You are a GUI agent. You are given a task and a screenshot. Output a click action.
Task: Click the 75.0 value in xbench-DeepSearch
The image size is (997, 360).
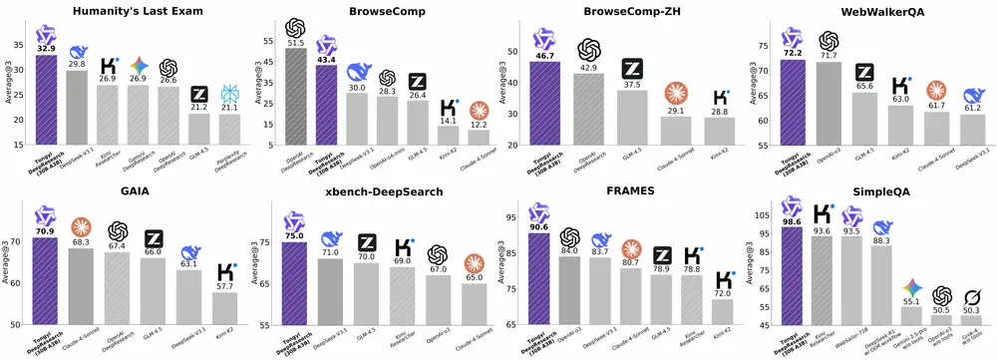(x=295, y=235)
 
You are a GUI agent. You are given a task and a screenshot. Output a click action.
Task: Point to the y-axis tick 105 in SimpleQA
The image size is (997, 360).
(x=768, y=214)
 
